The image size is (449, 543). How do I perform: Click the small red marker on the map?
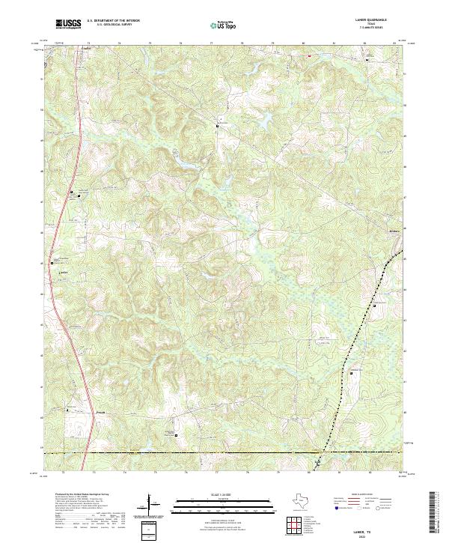(x=308, y=54)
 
